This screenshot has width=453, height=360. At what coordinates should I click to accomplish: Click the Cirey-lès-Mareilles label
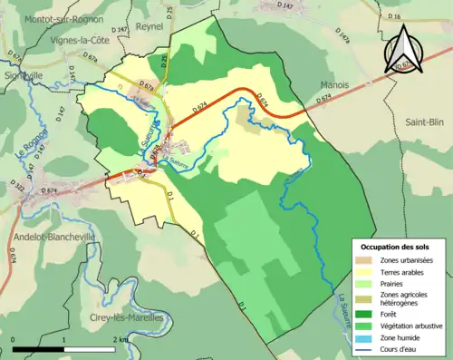pyautogui.click(x=128, y=317)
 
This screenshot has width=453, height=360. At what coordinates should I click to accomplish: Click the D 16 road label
pyautogui.click(x=392, y=17)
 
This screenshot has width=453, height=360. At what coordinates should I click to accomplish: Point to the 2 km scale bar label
pyautogui.click(x=118, y=338)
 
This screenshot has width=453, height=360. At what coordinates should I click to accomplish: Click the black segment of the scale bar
pyautogui.click(x=39, y=348)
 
